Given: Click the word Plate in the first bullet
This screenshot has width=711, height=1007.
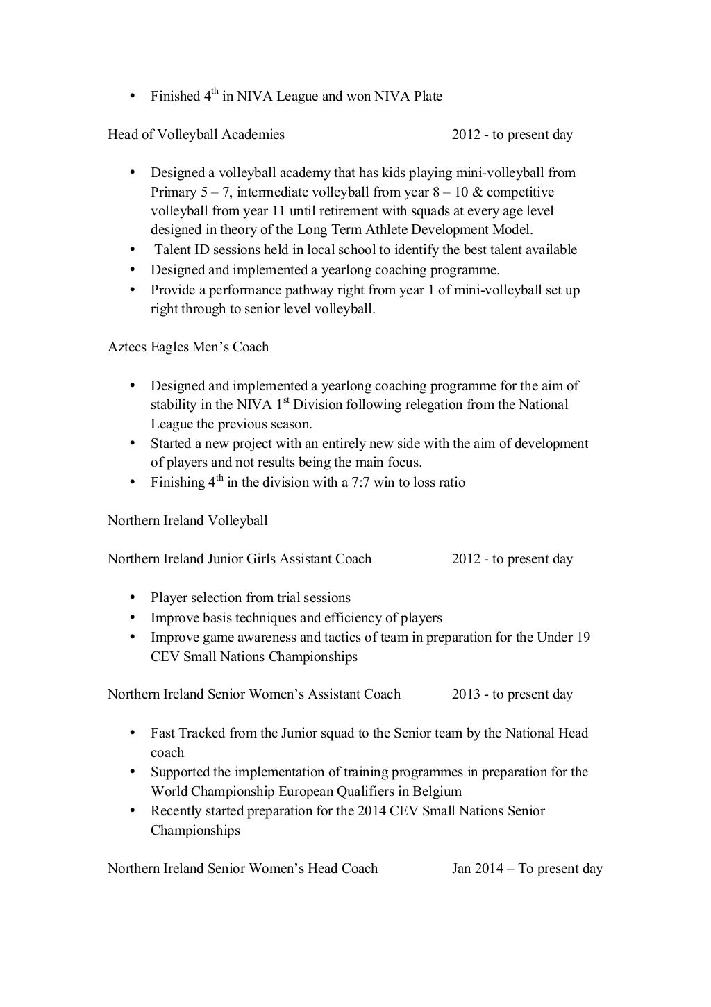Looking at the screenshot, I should pos(428,97).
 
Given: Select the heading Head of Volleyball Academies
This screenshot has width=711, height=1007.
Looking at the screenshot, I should pos(196,135).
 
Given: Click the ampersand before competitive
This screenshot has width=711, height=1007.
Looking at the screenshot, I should pos(476,192).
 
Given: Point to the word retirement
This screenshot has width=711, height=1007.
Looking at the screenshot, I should pos(381,211).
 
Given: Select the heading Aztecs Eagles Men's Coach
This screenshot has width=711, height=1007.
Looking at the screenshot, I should pos(188,347).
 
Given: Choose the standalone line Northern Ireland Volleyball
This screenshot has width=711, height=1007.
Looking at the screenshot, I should pos(187,521).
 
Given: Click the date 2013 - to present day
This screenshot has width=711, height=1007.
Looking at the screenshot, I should pos(512,694).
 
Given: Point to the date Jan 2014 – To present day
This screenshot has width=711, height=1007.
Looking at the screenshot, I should pos(527,869).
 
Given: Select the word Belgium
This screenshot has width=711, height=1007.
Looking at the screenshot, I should pos(437,792).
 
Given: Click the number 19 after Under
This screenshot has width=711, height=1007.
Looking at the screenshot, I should pos(583,638).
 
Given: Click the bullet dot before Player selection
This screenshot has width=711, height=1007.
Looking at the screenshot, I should pos(131,599).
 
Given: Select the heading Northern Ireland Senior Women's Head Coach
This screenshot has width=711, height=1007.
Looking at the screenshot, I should pos(242,869).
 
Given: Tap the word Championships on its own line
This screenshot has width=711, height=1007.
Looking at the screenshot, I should pos(195,831).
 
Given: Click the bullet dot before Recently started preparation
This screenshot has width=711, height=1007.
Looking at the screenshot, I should pos(131,811).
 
